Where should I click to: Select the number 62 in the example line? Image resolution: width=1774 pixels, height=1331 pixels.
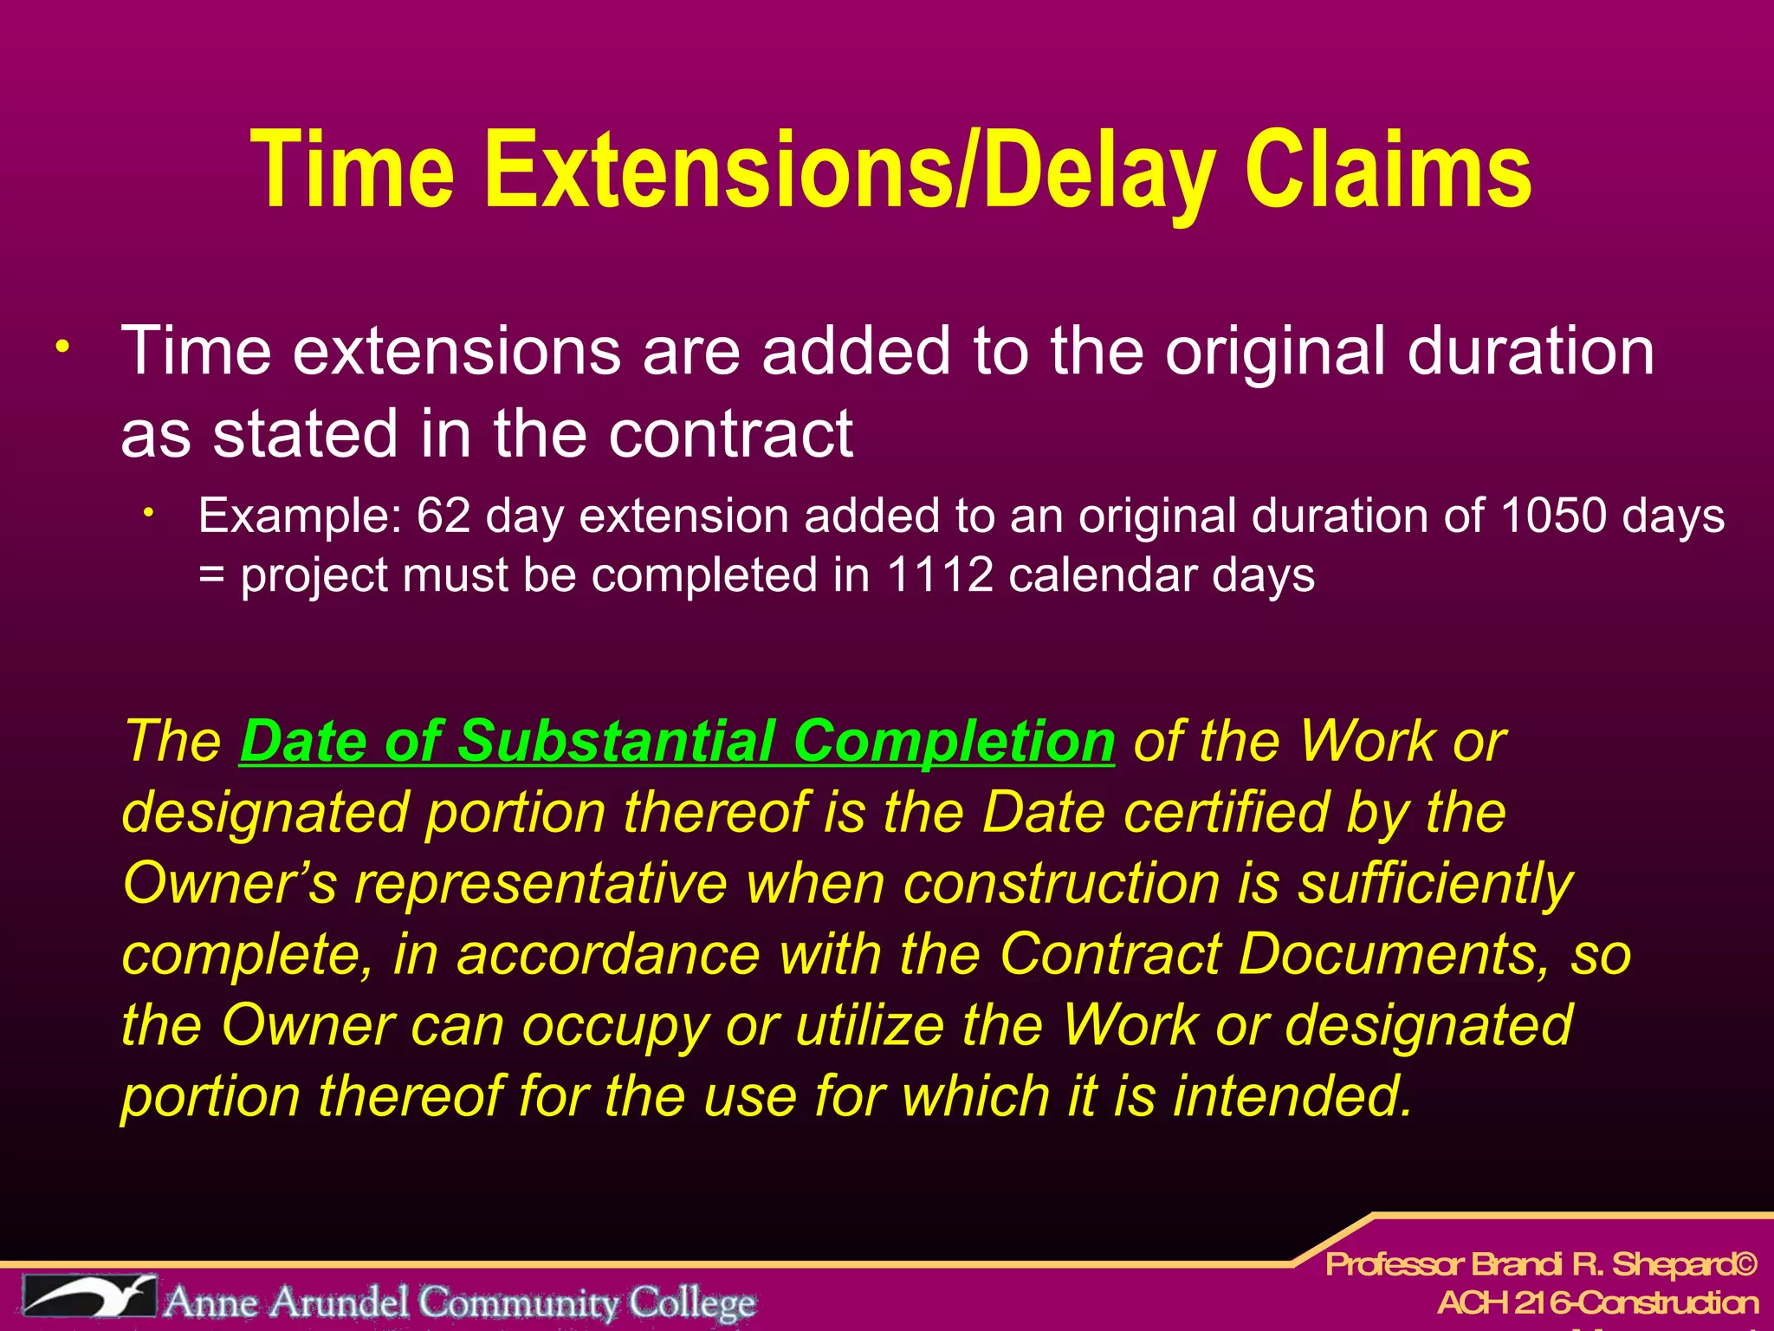[x=443, y=516]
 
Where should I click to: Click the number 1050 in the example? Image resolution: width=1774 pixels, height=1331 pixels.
[x=1553, y=516]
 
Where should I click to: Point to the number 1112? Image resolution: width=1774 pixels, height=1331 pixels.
[x=940, y=575]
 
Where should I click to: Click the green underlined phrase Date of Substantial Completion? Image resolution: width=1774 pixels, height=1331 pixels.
[x=677, y=742]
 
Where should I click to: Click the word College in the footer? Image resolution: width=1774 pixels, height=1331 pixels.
[x=692, y=1302]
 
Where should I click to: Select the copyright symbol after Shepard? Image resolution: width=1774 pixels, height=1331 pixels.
[x=1745, y=1265]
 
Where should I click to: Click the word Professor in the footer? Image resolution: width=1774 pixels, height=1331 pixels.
[x=1394, y=1265]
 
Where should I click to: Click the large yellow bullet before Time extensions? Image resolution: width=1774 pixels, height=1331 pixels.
[x=62, y=348]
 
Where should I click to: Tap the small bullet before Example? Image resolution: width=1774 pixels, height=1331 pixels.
[x=149, y=513]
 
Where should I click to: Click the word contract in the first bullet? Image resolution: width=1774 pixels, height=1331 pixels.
[x=730, y=434]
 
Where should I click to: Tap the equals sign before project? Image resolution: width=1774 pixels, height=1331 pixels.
[x=210, y=576]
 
